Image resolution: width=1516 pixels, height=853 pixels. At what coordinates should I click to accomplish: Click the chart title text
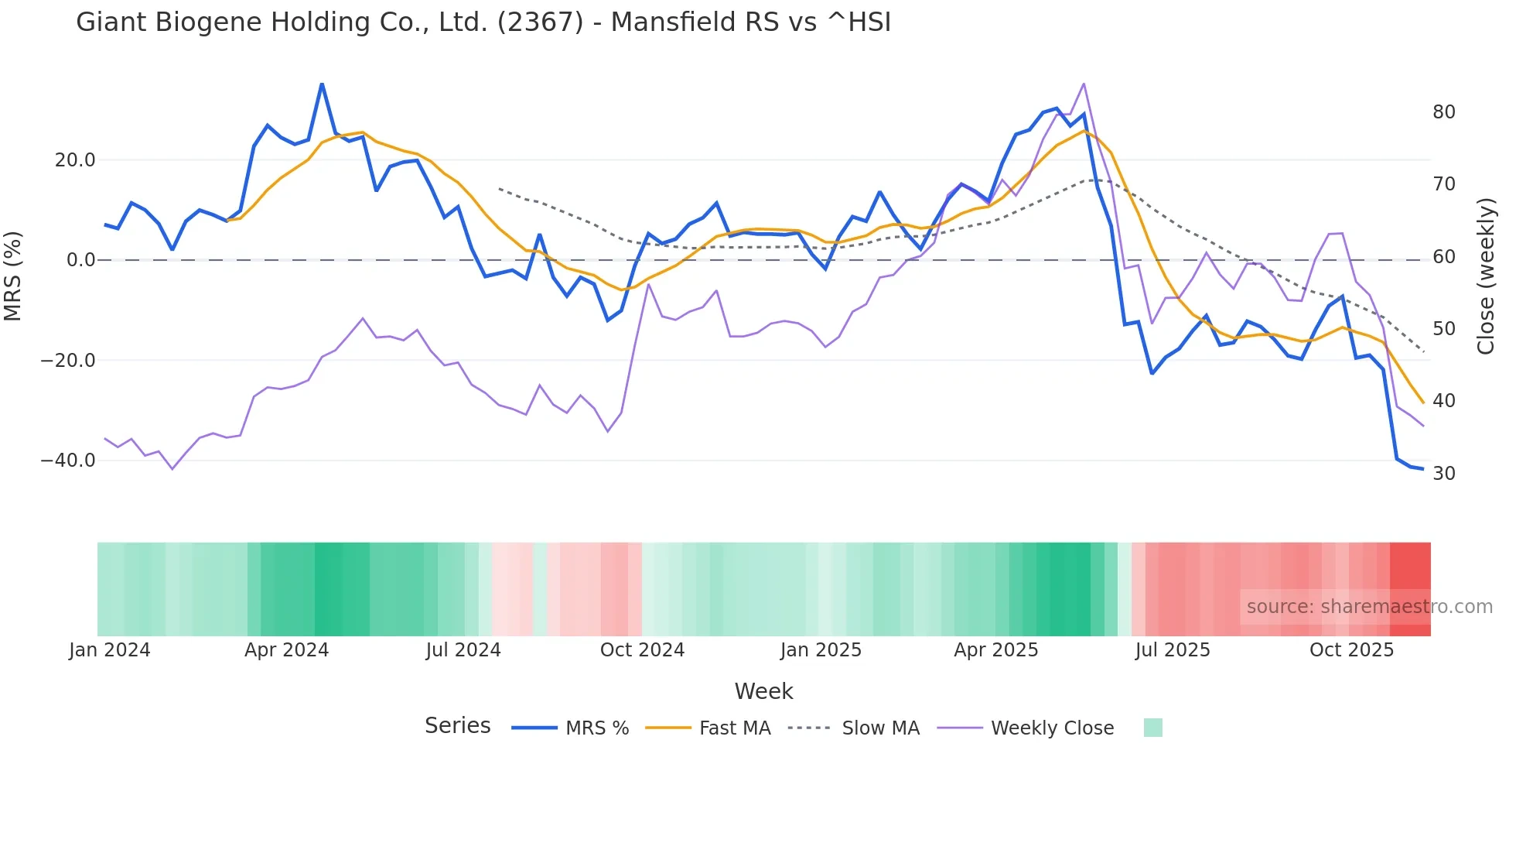[483, 22]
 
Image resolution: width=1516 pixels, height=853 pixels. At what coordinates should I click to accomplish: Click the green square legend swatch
[1152, 728]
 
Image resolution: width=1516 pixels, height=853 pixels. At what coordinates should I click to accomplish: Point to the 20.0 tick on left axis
[75, 160]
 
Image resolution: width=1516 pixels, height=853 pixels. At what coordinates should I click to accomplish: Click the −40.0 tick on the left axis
[68, 461]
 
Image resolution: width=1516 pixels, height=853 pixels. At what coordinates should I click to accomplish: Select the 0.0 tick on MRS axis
[80, 260]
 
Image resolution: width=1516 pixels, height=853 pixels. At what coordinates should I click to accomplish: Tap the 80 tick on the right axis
[1443, 112]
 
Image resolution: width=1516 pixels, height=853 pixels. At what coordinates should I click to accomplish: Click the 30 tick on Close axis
[1443, 474]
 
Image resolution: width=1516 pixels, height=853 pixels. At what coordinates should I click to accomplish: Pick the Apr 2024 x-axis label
[286, 650]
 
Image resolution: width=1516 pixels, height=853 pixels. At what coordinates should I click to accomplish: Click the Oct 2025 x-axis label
[1351, 650]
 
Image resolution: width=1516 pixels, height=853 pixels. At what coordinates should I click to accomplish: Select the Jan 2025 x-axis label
[821, 650]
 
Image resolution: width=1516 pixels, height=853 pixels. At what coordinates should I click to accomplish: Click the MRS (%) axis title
[13, 276]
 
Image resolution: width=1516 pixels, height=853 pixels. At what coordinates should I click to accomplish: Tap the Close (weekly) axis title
[1485, 276]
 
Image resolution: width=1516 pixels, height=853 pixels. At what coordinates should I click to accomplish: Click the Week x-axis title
[763, 691]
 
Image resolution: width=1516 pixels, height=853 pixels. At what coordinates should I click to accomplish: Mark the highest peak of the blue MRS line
[322, 84]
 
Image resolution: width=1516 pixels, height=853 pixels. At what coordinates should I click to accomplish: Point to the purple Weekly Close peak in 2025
[1084, 84]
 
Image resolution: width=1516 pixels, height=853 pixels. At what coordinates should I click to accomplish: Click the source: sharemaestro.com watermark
[1369, 607]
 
